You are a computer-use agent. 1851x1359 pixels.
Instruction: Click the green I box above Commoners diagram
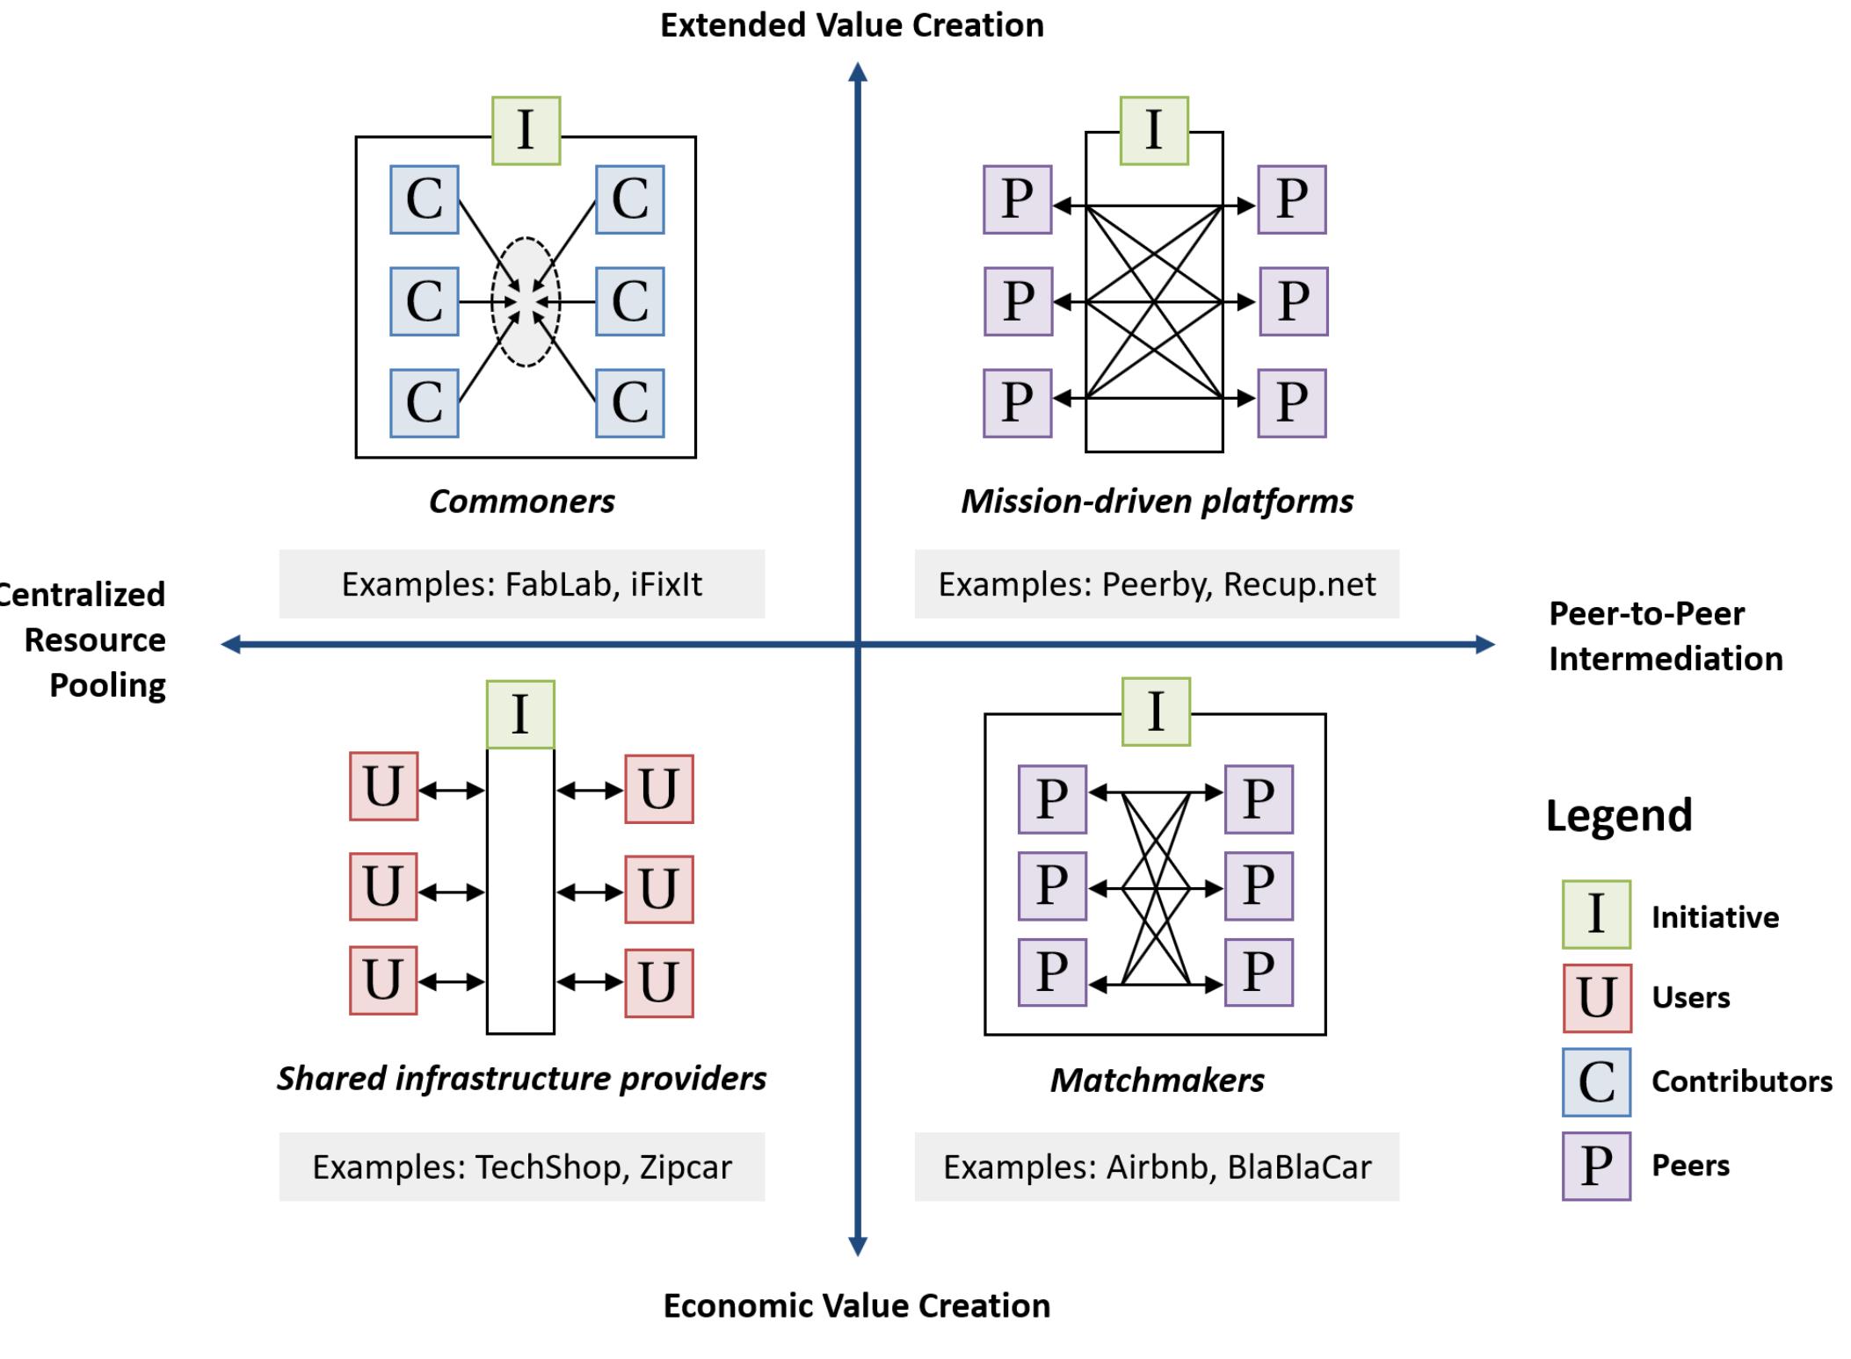526,131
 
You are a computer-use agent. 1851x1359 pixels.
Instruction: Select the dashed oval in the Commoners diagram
526,301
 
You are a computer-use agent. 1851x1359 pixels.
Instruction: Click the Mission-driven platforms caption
1157,502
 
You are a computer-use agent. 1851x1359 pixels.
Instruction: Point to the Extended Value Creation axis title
852,25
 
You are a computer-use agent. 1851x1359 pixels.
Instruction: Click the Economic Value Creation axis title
856,1305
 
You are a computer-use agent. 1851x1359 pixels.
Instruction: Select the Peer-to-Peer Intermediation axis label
1665,636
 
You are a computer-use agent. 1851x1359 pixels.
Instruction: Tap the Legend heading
1619,815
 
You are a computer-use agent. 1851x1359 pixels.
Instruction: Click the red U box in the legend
1596,998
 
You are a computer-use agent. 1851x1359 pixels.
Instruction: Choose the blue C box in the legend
1596,1081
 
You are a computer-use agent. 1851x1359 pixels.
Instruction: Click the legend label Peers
1690,1166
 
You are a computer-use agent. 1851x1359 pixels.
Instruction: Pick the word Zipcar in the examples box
686,1167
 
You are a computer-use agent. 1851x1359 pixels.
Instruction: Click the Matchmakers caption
1157,1081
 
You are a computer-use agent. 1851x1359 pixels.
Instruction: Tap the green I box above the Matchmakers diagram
1156,712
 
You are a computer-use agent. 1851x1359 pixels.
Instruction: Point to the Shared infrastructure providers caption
521,1079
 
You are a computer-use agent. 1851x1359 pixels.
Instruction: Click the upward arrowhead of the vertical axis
858,72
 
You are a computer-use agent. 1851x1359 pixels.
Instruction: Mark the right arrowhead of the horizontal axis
1484,645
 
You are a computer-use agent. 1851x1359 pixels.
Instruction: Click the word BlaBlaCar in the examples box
1299,1167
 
